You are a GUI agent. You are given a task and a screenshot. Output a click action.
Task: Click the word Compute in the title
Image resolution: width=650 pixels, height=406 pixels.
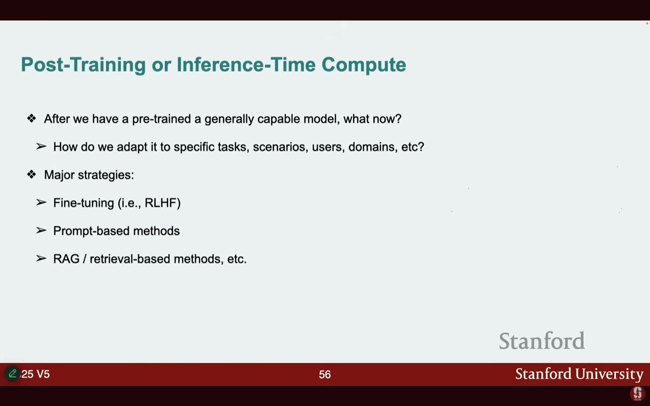364,65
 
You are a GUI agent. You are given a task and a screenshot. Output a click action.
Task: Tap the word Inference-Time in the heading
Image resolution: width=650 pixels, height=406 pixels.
246,64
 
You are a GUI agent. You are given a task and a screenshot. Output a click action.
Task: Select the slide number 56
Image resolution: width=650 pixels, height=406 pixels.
325,374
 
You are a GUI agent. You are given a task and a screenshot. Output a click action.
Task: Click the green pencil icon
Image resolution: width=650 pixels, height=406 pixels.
12,374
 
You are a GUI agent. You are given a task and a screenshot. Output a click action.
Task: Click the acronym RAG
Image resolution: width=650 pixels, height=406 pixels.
67,259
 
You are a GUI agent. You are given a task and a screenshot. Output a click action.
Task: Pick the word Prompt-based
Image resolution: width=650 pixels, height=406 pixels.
91,231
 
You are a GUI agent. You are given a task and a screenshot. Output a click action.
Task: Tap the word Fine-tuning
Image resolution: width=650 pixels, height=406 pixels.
84,203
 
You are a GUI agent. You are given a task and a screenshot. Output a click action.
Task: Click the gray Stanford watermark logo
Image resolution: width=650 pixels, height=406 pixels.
542,341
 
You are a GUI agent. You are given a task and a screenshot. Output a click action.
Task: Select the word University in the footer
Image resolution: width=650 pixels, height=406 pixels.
609,374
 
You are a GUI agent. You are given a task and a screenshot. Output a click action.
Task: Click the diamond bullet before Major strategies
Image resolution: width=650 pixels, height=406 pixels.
31,175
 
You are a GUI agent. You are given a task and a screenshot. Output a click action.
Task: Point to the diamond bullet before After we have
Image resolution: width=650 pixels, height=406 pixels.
31,118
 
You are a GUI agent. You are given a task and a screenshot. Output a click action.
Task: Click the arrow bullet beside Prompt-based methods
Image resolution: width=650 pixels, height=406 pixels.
41,230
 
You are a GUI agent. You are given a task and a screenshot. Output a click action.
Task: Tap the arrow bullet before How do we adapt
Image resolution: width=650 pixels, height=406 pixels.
41,147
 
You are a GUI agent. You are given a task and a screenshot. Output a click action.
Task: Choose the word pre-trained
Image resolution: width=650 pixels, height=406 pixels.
161,119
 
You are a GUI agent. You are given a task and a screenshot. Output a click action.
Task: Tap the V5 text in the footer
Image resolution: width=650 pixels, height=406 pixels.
43,374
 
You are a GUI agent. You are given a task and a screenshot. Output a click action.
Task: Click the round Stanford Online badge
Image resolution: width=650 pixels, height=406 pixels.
638,393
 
